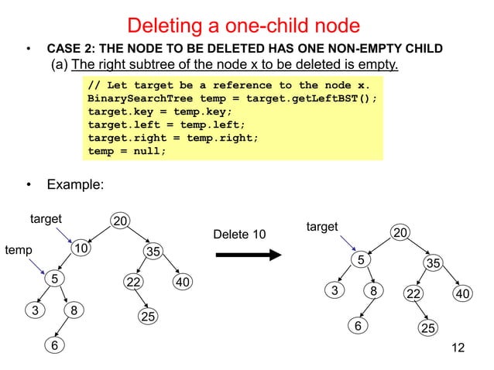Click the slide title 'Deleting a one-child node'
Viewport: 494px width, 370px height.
pos(243,26)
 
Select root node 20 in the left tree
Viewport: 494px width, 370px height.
pos(119,222)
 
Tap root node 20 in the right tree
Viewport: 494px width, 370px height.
pos(400,233)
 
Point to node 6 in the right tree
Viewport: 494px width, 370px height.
pos(358,326)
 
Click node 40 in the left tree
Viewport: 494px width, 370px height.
pos(183,283)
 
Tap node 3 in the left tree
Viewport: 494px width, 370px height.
pos(35,311)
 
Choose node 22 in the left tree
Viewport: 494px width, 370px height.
pos(133,283)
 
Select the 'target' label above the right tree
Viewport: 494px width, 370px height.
pos(322,226)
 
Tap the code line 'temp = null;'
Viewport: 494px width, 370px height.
pos(127,151)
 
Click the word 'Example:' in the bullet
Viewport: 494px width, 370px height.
pos(76,185)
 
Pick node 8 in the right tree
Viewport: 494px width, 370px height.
pos(373,292)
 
